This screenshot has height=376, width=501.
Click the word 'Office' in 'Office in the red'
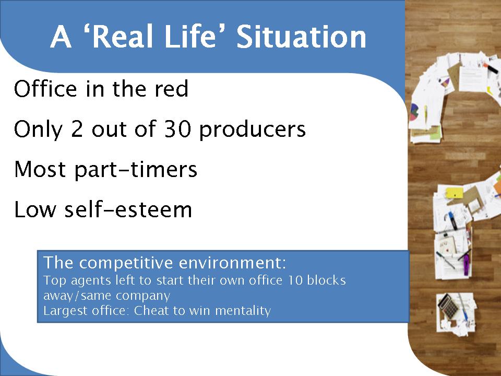(x=45, y=89)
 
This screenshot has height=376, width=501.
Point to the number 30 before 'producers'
(x=177, y=129)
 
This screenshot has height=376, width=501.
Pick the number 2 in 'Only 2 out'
(x=77, y=129)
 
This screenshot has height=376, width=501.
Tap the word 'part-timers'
(x=136, y=170)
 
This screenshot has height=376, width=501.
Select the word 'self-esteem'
(x=128, y=209)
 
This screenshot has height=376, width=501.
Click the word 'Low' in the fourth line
(x=35, y=209)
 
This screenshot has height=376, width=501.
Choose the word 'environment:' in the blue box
(x=232, y=263)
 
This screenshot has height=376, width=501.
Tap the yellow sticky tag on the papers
(x=455, y=193)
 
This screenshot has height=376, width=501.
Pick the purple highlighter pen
(x=467, y=263)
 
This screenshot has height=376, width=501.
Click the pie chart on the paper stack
(x=414, y=112)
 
